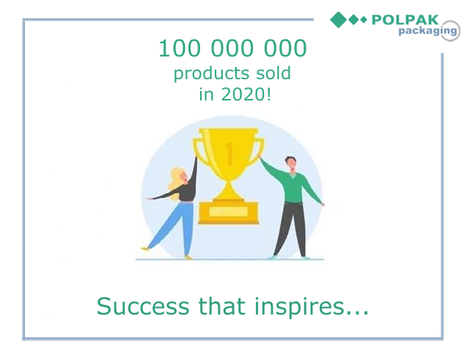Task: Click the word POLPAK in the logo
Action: [x=405, y=20]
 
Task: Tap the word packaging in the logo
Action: [x=427, y=31]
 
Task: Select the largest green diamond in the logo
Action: [x=339, y=20]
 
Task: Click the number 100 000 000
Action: [x=232, y=48]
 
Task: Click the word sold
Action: [x=273, y=73]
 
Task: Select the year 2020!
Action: [x=246, y=95]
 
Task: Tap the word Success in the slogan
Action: [x=143, y=306]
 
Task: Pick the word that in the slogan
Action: [x=222, y=306]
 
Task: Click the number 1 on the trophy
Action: [x=229, y=153]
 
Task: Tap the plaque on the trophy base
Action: [x=229, y=211]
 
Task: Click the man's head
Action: [x=290, y=164]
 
